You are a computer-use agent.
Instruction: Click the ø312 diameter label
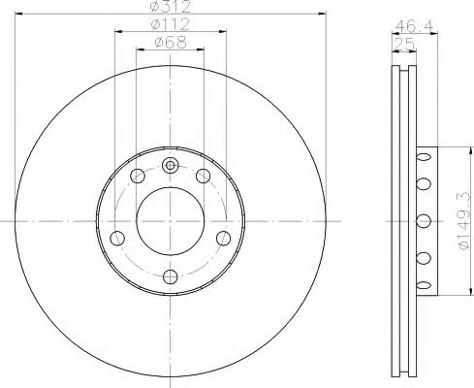coord(171,7)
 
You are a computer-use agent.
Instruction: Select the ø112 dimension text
coord(171,24)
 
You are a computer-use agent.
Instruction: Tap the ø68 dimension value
coord(171,42)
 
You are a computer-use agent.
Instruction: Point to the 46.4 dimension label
coord(414,25)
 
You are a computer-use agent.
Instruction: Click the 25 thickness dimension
coord(404,44)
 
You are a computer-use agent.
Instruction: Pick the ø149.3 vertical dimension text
coord(463,220)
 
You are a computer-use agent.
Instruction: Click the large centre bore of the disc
coord(171,221)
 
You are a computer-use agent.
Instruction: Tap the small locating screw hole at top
coord(170,166)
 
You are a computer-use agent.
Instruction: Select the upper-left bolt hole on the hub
coord(138,176)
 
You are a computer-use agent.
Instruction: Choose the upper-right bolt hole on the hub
coord(204,176)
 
